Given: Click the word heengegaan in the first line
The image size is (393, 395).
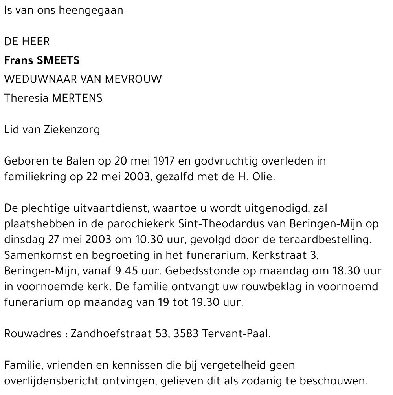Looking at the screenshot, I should (91, 10).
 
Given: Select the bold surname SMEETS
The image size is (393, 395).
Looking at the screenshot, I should (58, 60).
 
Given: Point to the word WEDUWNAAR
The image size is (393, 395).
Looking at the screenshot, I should (40, 79).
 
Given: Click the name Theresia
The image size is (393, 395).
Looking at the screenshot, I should (26, 98).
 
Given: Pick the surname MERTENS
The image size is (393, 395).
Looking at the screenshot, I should (77, 98).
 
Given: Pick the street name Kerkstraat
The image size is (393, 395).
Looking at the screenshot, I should (279, 255).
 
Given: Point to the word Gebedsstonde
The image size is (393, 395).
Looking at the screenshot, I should (208, 271).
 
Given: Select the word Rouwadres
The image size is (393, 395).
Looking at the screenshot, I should (33, 334).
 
